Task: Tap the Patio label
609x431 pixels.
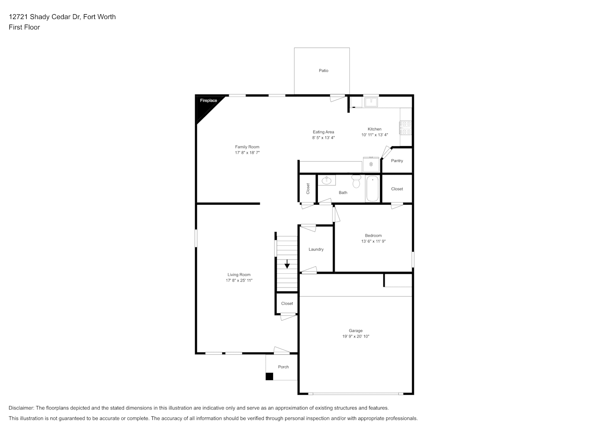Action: (x=323, y=71)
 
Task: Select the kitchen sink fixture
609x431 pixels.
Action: (x=371, y=102)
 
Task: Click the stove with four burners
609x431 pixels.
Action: (x=406, y=128)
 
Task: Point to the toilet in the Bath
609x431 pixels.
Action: (x=356, y=181)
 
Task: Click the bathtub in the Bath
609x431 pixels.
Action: (x=373, y=189)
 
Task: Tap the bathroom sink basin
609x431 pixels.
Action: (x=326, y=180)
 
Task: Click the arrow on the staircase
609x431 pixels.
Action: (x=287, y=264)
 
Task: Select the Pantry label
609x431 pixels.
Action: (x=397, y=161)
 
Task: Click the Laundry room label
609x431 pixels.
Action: (x=316, y=249)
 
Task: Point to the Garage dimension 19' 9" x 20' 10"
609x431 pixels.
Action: (x=356, y=336)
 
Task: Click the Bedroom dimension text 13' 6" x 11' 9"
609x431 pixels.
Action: (x=373, y=241)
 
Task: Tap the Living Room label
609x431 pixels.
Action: (x=239, y=275)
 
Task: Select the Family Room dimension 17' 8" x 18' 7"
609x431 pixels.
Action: (x=247, y=153)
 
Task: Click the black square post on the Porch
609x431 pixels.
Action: (x=269, y=376)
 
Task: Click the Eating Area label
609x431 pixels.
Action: (x=323, y=132)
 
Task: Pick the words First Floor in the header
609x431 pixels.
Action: (x=24, y=27)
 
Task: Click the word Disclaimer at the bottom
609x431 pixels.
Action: (x=21, y=408)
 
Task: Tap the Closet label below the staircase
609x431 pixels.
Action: (x=287, y=303)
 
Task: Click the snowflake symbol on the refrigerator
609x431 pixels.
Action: (x=371, y=164)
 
